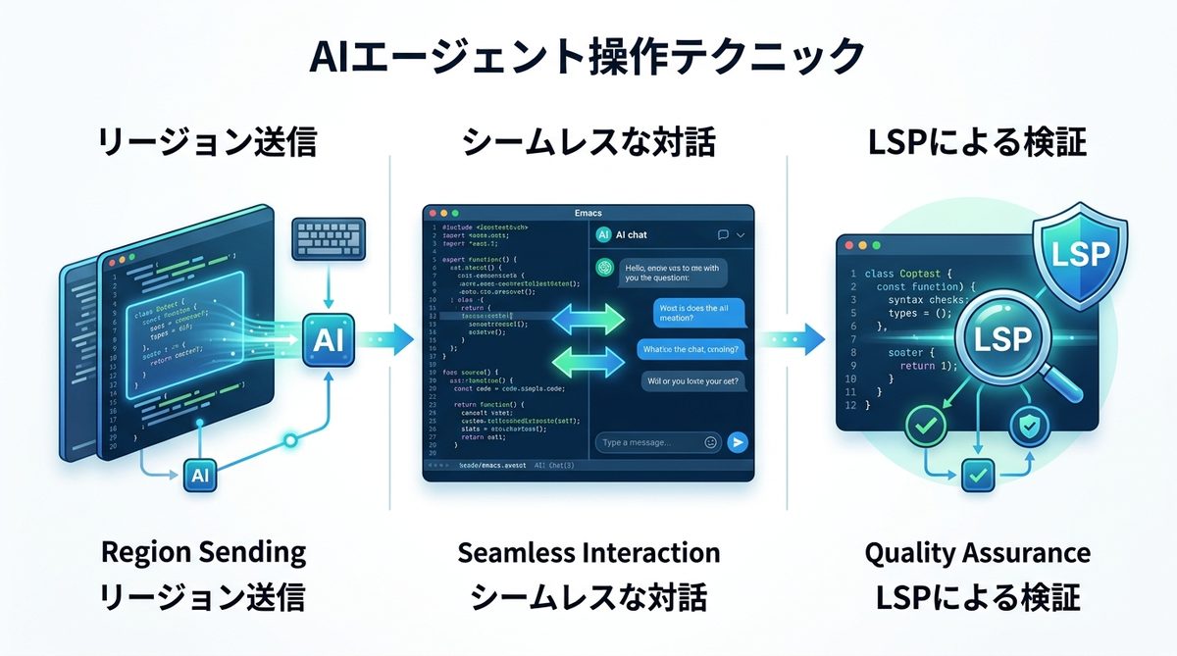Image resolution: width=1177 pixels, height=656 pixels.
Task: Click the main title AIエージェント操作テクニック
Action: click(x=588, y=58)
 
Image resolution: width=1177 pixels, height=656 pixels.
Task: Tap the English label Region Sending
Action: click(x=204, y=552)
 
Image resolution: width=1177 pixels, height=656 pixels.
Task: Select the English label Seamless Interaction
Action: click(x=588, y=552)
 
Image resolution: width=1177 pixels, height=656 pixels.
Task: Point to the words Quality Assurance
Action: click(x=977, y=552)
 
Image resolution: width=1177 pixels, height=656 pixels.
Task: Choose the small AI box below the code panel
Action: click(x=198, y=476)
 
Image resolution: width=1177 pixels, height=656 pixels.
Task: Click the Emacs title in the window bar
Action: click(x=588, y=212)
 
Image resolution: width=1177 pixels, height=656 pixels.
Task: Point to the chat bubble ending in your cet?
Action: click(x=691, y=380)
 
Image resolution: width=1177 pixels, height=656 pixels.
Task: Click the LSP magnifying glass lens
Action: click(x=1003, y=340)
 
